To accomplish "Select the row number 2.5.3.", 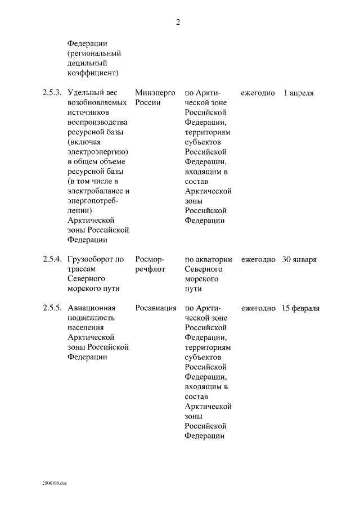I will [51, 93].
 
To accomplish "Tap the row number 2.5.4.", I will [51, 259].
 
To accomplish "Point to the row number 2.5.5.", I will [51, 308].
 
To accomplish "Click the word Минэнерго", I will [155, 93].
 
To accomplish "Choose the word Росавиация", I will [156, 308].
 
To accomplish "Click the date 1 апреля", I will [298, 93].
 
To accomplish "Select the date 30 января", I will [299, 259].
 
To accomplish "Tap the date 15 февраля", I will [301, 308].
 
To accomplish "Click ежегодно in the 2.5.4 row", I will [258, 259].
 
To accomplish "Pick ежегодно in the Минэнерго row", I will [258, 93].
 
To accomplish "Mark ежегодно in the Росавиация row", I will [258, 308].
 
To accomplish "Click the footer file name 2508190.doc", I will [54, 483].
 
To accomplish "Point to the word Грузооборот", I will [87, 259].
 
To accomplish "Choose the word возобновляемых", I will [96, 103].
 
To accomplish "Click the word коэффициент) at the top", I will [93, 73].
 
